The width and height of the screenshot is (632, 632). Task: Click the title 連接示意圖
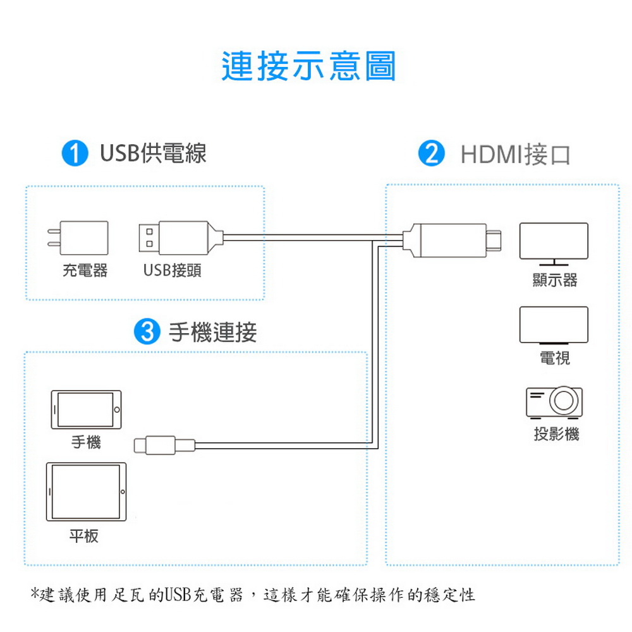pos(309,66)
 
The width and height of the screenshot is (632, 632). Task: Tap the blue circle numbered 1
pos(75,153)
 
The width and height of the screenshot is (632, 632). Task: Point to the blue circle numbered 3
pos(147,331)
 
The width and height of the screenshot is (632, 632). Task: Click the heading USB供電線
pos(153,153)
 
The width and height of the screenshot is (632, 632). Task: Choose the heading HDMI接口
pos(516,155)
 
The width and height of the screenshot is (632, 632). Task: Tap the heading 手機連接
pos(212,332)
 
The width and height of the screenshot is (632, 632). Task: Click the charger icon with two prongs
pos(78,238)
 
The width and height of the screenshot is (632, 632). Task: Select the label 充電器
pos(85,270)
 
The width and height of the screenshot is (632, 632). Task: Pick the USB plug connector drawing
pos(181,238)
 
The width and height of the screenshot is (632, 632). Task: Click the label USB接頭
pos(172,270)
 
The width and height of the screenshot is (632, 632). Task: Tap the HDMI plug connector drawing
pos(452,240)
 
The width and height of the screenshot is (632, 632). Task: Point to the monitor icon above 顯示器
pos(554,244)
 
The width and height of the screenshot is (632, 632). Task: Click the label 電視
pos(555,358)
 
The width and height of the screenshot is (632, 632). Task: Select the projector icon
pos(554,402)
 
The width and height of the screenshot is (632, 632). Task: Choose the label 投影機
pos(556,434)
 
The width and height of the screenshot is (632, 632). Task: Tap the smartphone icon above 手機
pos(86,410)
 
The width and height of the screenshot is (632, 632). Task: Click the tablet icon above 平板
pos(86,492)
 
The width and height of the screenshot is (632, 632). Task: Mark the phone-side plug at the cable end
pos(164,446)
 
